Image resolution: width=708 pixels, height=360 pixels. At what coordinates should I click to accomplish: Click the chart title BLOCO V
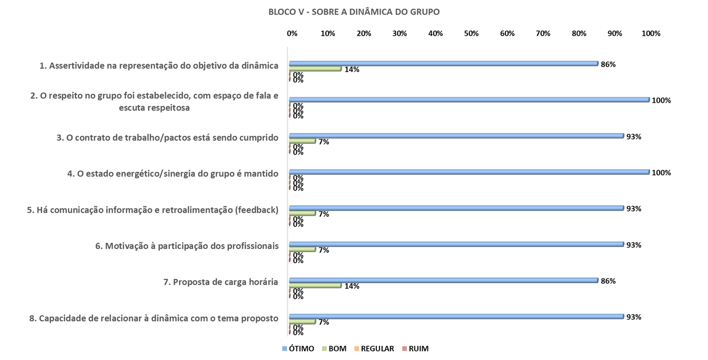(x=354, y=12)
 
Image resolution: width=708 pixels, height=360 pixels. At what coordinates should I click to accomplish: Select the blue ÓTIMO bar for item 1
(x=443, y=64)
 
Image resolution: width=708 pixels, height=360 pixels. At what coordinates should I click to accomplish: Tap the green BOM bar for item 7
(x=315, y=285)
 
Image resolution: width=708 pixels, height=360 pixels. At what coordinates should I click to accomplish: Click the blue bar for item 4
(x=468, y=172)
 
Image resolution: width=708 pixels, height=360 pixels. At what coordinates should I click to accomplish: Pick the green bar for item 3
(x=302, y=141)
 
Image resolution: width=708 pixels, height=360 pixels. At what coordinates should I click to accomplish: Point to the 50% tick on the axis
(x=471, y=34)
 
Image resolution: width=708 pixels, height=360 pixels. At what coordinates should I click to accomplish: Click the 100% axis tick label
(x=651, y=34)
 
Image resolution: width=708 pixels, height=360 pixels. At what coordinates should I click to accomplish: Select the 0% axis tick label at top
(x=292, y=34)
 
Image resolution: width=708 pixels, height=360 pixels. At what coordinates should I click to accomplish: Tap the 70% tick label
(x=543, y=34)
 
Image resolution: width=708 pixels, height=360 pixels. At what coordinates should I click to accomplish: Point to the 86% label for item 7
(x=608, y=281)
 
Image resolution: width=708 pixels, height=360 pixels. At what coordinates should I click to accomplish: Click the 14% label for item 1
(x=352, y=69)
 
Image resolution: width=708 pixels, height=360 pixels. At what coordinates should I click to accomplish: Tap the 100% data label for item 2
(x=661, y=101)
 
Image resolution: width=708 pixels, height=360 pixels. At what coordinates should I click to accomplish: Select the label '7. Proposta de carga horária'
(x=221, y=282)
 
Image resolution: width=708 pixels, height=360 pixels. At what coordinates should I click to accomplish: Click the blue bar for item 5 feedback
(x=456, y=208)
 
